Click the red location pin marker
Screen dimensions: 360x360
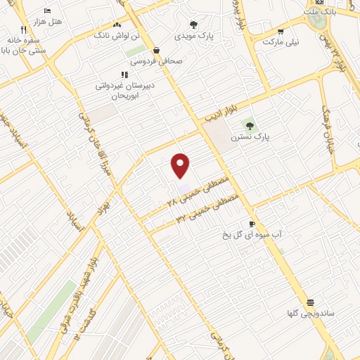(181, 165)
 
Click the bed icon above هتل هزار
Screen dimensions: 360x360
(47, 11)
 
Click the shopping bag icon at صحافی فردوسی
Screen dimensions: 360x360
(155, 50)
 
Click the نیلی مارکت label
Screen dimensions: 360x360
(281, 41)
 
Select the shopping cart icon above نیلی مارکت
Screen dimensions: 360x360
(281, 31)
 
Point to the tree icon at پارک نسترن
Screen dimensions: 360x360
(250, 125)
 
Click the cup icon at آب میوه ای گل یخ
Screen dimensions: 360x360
(252, 224)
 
